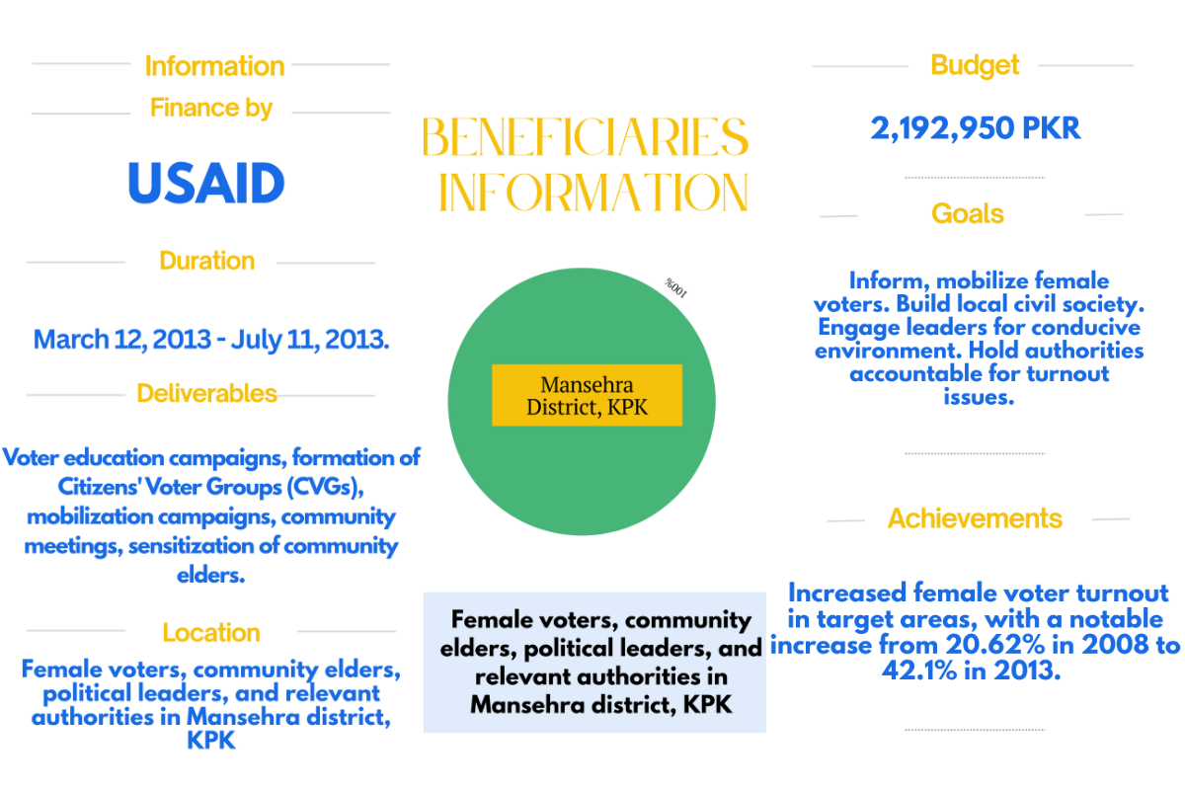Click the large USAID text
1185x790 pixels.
(x=206, y=184)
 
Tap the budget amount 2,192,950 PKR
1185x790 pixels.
(x=976, y=128)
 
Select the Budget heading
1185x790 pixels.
(x=975, y=66)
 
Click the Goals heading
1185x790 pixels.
(x=968, y=214)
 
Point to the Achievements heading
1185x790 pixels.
(x=975, y=518)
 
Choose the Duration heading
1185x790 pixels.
(x=206, y=261)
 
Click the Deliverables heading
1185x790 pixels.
(x=206, y=394)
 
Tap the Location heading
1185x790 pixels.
(x=211, y=633)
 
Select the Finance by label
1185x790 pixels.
(x=211, y=108)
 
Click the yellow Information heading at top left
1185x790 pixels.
(x=214, y=66)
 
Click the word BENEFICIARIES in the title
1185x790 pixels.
(x=585, y=137)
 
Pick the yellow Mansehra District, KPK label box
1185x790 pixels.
(x=587, y=395)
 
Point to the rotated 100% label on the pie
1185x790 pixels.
(x=675, y=288)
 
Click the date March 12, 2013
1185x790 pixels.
(x=120, y=340)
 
